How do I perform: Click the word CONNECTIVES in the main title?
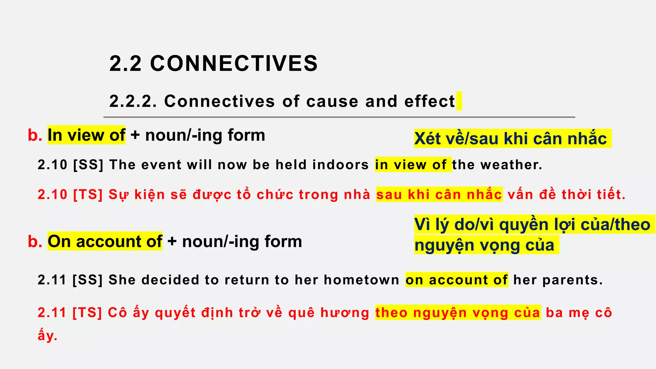[234, 63]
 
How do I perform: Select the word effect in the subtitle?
[430, 102]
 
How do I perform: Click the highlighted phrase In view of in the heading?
[86, 135]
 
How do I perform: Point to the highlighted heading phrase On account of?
[105, 241]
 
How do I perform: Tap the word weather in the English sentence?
[511, 165]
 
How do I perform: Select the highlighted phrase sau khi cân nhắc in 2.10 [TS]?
[439, 194]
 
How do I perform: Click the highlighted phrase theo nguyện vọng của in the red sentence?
[458, 313]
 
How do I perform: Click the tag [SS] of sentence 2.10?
[88, 165]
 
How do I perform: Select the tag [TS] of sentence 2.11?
[87, 313]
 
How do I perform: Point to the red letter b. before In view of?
[35, 135]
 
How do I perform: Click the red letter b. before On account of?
[35, 241]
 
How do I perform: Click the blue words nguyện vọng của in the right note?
[484, 245]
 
